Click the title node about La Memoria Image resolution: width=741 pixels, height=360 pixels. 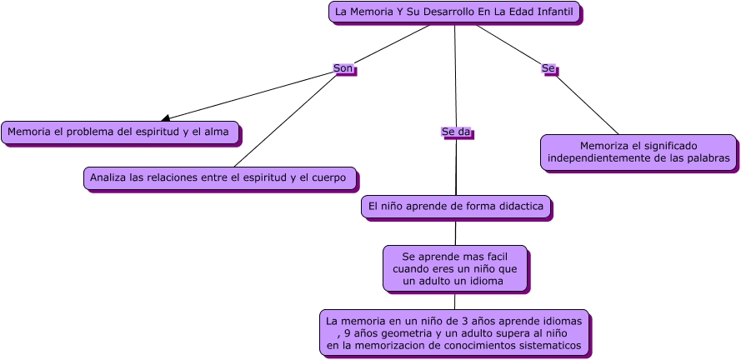pyautogui.click(x=454, y=12)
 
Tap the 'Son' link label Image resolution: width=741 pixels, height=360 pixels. pyautogui.click(x=343, y=68)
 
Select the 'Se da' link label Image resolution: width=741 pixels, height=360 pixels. pyautogui.click(x=455, y=132)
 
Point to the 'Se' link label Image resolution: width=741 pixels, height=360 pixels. pyautogui.click(x=548, y=68)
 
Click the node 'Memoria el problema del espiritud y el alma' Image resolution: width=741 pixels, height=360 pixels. pyautogui.click(x=119, y=132)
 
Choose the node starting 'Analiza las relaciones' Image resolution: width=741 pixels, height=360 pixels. pyautogui.click(x=220, y=177)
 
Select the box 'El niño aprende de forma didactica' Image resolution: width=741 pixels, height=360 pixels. pyautogui.click(x=455, y=206)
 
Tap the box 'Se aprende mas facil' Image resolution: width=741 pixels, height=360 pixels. pyautogui.click(x=455, y=268)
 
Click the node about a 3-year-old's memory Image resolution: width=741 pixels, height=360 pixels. pyautogui.click(x=454, y=332)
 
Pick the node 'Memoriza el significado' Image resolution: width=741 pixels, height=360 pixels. pyautogui.click(x=638, y=152)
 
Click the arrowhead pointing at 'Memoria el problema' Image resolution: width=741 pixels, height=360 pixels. pyautogui.click(x=166, y=118)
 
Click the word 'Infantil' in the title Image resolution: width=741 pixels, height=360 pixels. pyautogui.click(x=555, y=12)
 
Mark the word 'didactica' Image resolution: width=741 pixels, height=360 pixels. pyautogui.click(x=518, y=206)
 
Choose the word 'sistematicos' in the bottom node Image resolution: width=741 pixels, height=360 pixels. pyautogui.click(x=547, y=345)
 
